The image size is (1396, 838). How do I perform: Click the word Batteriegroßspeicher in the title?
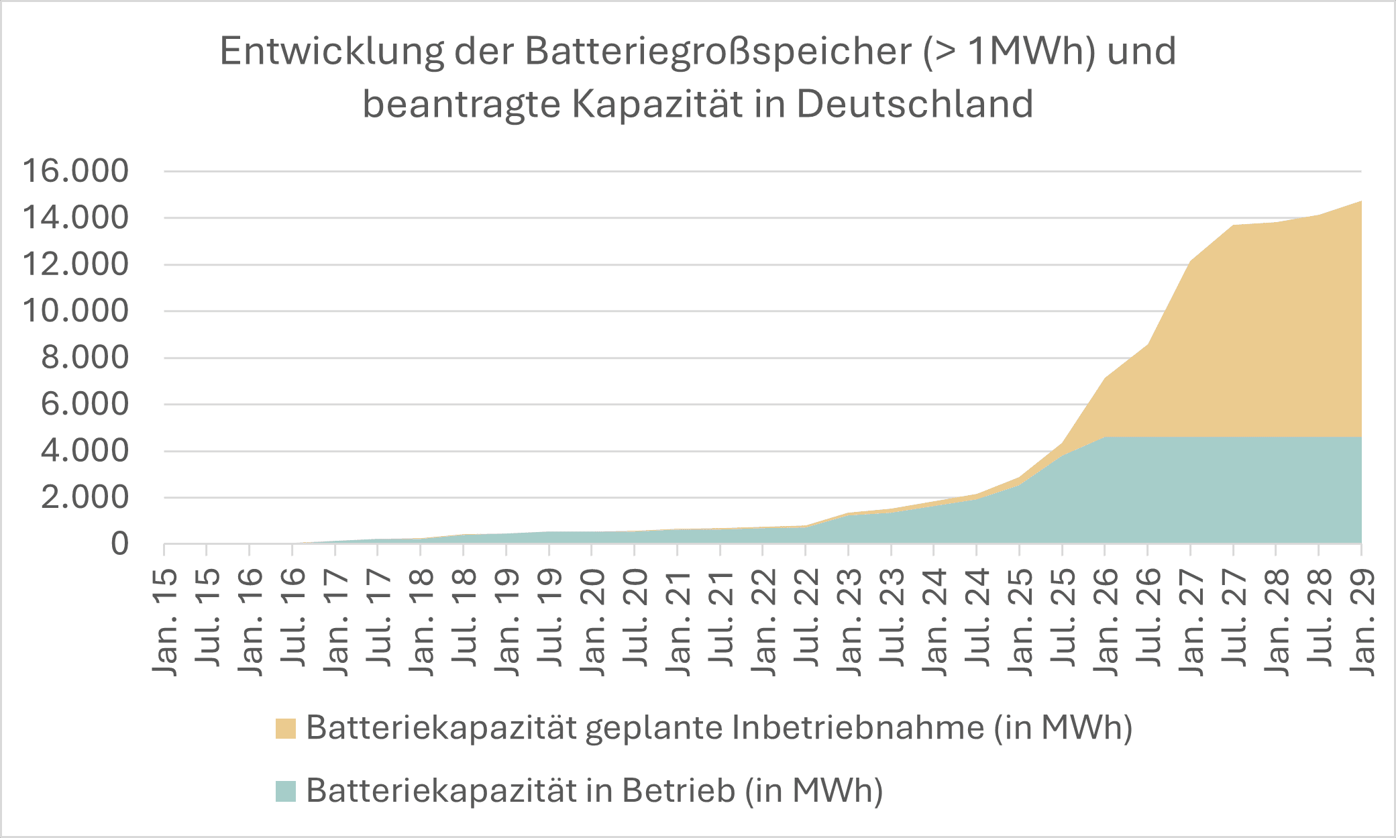718,51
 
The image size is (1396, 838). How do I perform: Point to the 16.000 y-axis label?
75,171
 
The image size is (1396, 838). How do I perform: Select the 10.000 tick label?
75,311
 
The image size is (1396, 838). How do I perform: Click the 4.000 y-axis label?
85,451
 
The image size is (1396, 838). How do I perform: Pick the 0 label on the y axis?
119,544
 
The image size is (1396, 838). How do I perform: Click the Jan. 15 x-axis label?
165,622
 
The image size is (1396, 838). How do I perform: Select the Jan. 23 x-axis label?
849,622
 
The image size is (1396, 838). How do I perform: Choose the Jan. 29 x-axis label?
1362,622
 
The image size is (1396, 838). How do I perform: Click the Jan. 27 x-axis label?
1191,622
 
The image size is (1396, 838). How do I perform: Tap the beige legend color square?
286,729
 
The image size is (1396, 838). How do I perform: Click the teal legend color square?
286,791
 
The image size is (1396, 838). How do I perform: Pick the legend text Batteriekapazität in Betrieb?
594,790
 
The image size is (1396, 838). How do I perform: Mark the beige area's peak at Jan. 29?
1360,202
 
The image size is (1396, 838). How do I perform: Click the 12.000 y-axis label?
75,264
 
